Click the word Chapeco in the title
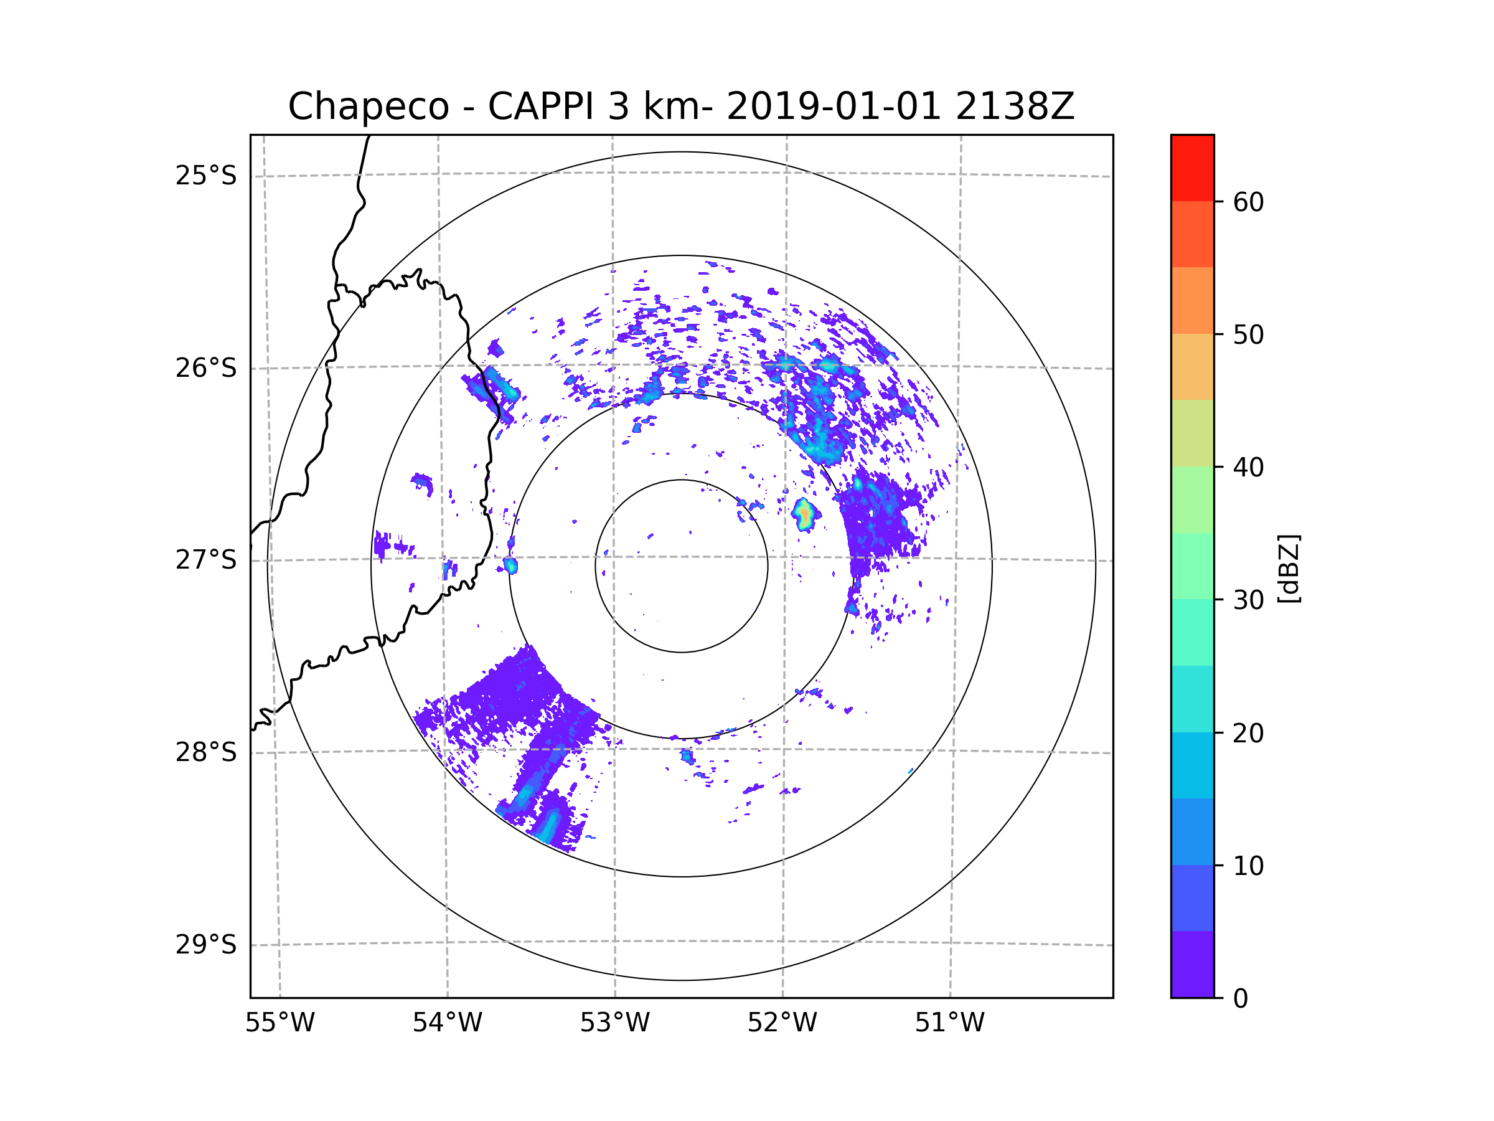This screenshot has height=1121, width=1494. [x=368, y=106]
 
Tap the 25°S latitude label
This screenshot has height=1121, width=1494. [x=206, y=176]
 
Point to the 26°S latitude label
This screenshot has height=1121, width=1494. [x=206, y=368]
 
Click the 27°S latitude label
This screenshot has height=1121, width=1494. [x=206, y=560]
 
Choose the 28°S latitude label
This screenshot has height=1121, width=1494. [x=206, y=752]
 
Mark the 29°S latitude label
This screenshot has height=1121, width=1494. [x=206, y=945]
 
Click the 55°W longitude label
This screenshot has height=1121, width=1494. [x=280, y=1023]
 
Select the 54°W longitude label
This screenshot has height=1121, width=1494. [x=447, y=1023]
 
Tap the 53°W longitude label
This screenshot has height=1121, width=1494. [x=614, y=1023]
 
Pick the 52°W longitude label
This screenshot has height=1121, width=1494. [x=782, y=1023]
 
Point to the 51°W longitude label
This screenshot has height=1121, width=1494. [x=949, y=1023]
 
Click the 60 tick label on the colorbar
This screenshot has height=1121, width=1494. [x=1248, y=202]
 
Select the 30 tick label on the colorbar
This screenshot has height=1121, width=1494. [x=1248, y=600]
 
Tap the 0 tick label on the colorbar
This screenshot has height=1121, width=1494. [x=1241, y=999]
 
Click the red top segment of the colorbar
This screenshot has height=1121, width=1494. [x=1192, y=168]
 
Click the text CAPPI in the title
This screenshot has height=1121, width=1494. [x=541, y=106]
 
